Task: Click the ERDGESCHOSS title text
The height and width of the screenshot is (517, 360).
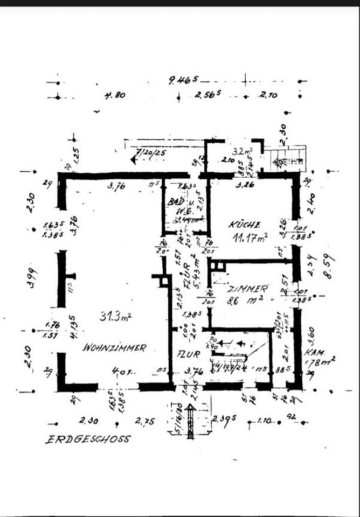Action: [87, 439]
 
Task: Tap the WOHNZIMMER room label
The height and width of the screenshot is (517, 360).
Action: [114, 348]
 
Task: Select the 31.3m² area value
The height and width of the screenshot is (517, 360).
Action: [115, 317]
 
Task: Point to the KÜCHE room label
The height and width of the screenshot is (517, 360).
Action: [244, 224]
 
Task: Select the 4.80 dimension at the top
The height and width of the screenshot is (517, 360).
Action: [115, 96]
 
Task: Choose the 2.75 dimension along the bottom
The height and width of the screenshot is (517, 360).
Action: [146, 421]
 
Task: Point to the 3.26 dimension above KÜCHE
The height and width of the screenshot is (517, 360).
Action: [245, 185]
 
